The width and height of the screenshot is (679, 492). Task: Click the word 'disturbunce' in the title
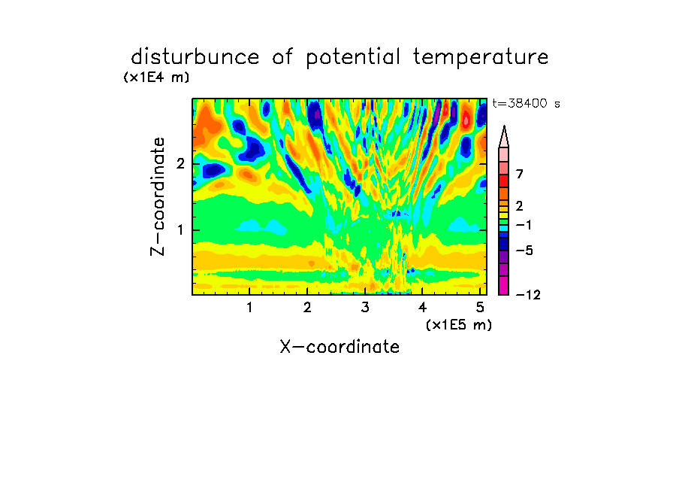[195, 57]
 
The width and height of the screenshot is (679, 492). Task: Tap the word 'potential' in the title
[353, 58]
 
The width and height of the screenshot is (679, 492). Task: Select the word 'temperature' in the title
[481, 58]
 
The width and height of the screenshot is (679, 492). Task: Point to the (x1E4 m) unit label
[156, 77]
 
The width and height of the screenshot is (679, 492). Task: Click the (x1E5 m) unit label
[459, 324]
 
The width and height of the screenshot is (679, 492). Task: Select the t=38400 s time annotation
[526, 104]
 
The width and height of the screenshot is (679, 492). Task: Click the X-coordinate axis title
[340, 347]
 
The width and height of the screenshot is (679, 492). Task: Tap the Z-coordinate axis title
[158, 196]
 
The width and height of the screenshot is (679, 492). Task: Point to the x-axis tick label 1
[250, 308]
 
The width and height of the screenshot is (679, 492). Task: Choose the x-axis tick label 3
[365, 308]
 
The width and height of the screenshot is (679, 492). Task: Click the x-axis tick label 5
[480, 308]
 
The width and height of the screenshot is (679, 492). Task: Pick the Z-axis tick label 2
[180, 164]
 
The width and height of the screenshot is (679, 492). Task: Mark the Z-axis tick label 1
[180, 230]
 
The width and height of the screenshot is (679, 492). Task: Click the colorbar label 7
[520, 175]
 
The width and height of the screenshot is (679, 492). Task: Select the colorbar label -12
[528, 295]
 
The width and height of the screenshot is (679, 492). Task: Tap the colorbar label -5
[524, 251]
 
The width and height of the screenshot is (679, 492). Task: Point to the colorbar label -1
[524, 225]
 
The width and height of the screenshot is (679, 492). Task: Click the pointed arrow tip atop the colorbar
[504, 126]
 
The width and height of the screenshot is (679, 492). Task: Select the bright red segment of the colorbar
[504, 181]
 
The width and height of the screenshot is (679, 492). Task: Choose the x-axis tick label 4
[422, 308]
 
